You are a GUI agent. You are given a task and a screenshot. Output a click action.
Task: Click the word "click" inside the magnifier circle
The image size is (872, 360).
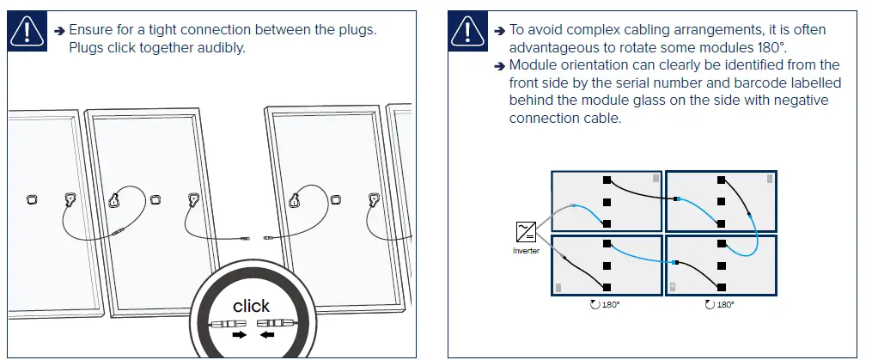(251, 306)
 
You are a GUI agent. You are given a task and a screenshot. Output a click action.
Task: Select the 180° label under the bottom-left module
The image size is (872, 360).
(607, 304)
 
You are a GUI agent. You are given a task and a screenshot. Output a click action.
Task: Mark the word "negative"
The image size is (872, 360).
(799, 101)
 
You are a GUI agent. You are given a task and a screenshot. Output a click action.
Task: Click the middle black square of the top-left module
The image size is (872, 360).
(607, 202)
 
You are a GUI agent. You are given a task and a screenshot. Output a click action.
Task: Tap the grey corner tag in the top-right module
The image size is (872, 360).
(768, 179)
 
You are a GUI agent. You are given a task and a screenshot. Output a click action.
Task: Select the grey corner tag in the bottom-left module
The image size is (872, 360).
(558, 287)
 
